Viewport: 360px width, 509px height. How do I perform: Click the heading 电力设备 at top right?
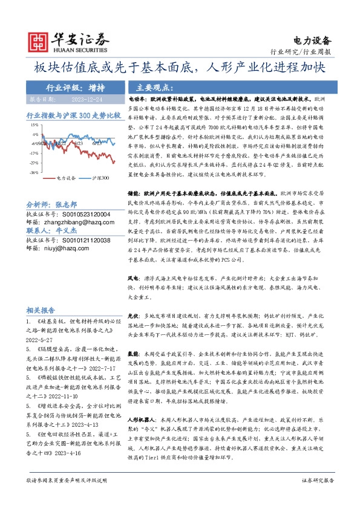pyautogui.click(x=313, y=41)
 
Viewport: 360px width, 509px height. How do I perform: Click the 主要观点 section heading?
pyautogui.click(x=154, y=87)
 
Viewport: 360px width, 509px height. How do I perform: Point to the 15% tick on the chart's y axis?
pyautogui.click(x=34, y=125)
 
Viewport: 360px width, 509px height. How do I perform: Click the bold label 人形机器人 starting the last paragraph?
pyautogui.click(x=142, y=402)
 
